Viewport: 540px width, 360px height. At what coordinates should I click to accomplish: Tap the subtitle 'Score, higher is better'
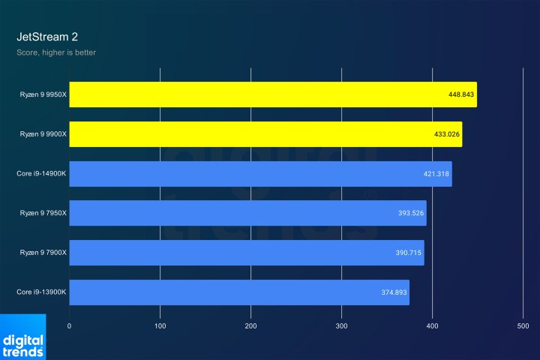56,52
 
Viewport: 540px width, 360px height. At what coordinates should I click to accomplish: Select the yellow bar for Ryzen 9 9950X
255,94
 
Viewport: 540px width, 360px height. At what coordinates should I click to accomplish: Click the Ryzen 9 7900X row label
43,253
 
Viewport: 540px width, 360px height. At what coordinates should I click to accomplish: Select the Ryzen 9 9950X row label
43,94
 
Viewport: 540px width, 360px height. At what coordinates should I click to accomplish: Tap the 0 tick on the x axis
69,326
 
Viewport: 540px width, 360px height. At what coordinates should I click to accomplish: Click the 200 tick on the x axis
250,326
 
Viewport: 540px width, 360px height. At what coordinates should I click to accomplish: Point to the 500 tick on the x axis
523,326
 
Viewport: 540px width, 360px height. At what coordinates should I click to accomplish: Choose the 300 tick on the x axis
342,326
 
